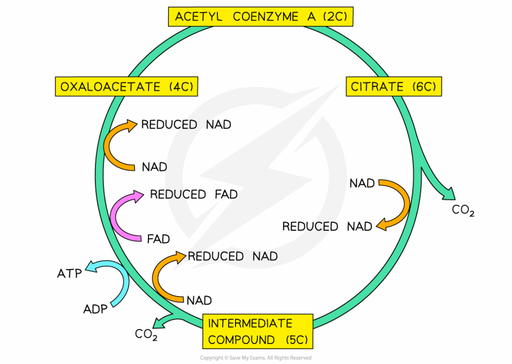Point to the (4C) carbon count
(x=179, y=87)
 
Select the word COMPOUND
(x=241, y=340)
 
